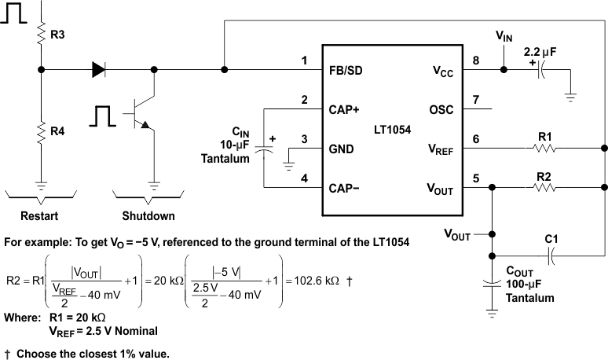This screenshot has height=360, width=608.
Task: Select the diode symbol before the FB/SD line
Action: click(98, 70)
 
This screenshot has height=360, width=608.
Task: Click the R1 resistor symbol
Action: click(544, 148)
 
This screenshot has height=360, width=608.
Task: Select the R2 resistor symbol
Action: click(544, 187)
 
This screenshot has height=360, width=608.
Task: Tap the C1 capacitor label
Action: click(552, 237)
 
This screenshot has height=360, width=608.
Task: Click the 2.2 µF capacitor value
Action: click(540, 50)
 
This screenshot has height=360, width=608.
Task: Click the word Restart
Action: click(39, 215)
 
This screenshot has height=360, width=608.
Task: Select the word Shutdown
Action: click(148, 215)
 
